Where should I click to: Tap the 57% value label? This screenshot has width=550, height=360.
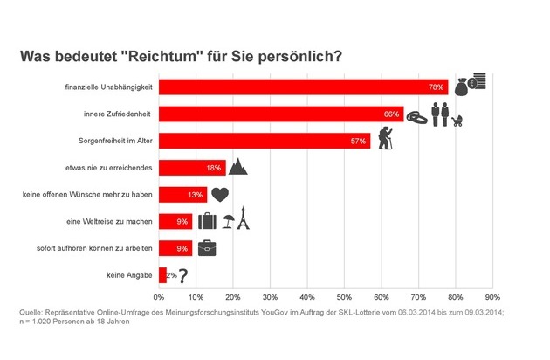358,141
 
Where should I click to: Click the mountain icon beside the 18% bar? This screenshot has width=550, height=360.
238,167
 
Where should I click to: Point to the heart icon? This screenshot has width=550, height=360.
220,194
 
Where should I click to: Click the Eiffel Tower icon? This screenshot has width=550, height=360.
243,220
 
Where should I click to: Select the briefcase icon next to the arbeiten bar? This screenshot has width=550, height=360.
206,248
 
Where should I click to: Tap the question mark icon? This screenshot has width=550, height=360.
183,275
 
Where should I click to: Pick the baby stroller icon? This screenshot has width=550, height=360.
457,119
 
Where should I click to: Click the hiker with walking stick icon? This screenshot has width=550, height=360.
386,139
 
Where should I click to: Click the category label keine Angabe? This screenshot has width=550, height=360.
128,276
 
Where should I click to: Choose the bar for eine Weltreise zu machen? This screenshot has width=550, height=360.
175,221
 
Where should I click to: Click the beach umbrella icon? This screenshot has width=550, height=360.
227,222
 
